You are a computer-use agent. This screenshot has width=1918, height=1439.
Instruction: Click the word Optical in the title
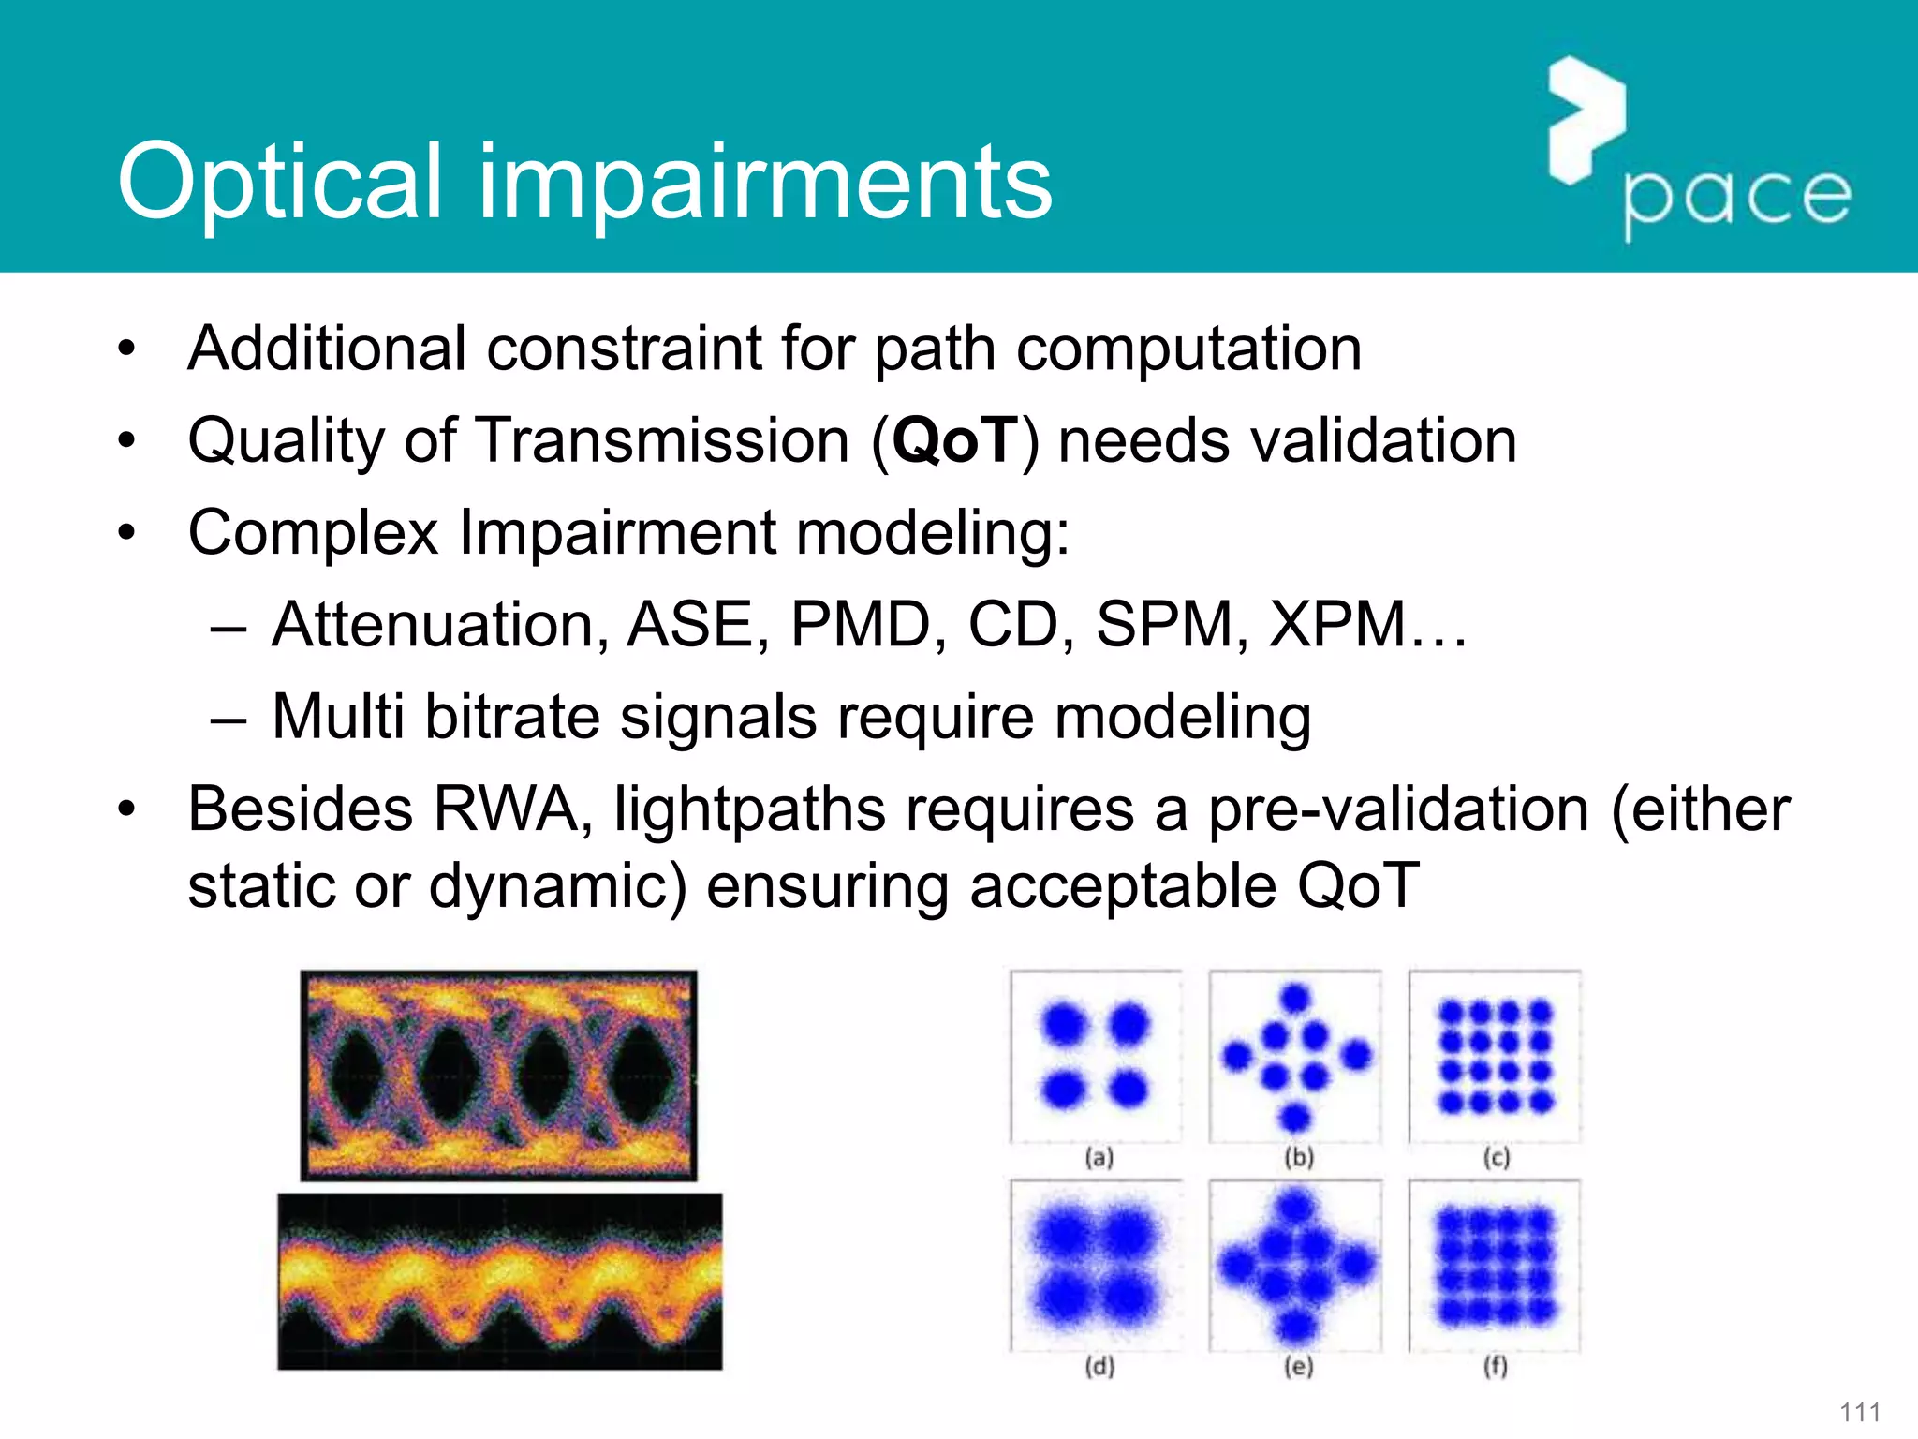(279, 183)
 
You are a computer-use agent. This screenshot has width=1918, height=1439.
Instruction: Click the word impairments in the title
(765, 183)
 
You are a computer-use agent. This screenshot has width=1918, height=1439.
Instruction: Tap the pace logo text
(1737, 199)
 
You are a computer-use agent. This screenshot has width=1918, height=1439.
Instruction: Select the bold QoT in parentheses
(954, 440)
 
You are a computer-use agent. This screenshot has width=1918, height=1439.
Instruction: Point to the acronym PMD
(859, 625)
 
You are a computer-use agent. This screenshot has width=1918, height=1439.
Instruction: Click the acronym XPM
(1337, 625)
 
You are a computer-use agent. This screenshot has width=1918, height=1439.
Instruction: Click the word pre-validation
(1397, 809)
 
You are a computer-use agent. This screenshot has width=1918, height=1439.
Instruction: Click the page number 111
(1860, 1413)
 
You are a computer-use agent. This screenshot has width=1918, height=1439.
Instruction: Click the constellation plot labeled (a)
(1096, 1056)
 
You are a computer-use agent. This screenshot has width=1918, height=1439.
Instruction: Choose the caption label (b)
(1299, 1158)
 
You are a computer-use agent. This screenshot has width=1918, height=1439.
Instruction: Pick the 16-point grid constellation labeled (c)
(1496, 1056)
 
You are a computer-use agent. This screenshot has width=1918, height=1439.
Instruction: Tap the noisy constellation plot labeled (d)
(1096, 1265)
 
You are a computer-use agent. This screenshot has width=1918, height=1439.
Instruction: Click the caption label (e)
(1299, 1367)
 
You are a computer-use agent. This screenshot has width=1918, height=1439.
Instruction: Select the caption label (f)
(1496, 1367)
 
